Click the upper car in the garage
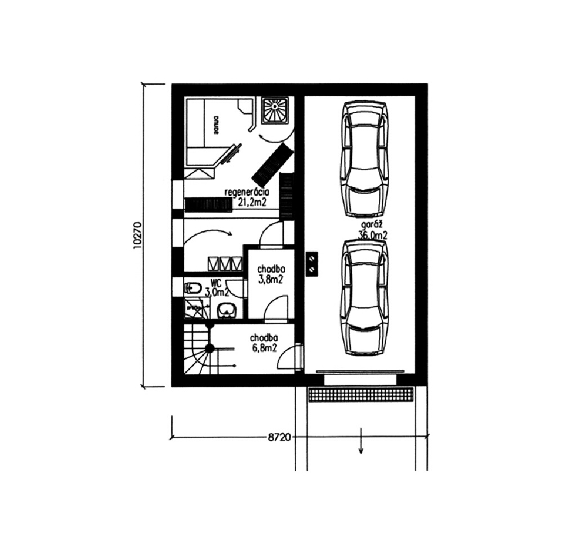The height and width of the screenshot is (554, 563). coord(365,158)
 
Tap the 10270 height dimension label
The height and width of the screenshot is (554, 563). coord(137,235)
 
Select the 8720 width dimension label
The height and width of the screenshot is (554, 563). coord(279,437)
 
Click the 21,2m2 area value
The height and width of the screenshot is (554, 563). coord(252,203)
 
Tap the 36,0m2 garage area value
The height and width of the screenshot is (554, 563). coord(373,236)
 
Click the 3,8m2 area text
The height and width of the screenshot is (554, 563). coord(270,279)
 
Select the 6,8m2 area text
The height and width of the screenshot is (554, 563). coord(264,347)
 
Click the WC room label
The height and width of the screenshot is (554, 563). coord(216,283)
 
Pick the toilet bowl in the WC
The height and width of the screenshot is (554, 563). coord(192,288)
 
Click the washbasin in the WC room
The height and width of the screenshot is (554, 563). coord(227,309)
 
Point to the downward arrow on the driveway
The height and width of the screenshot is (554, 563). coord(360,441)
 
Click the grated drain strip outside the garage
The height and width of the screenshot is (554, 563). coord(361,395)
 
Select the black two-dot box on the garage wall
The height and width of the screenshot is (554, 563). coord(312,263)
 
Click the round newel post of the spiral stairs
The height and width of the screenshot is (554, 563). coord(209,349)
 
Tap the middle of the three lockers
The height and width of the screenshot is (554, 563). coord(225,263)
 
